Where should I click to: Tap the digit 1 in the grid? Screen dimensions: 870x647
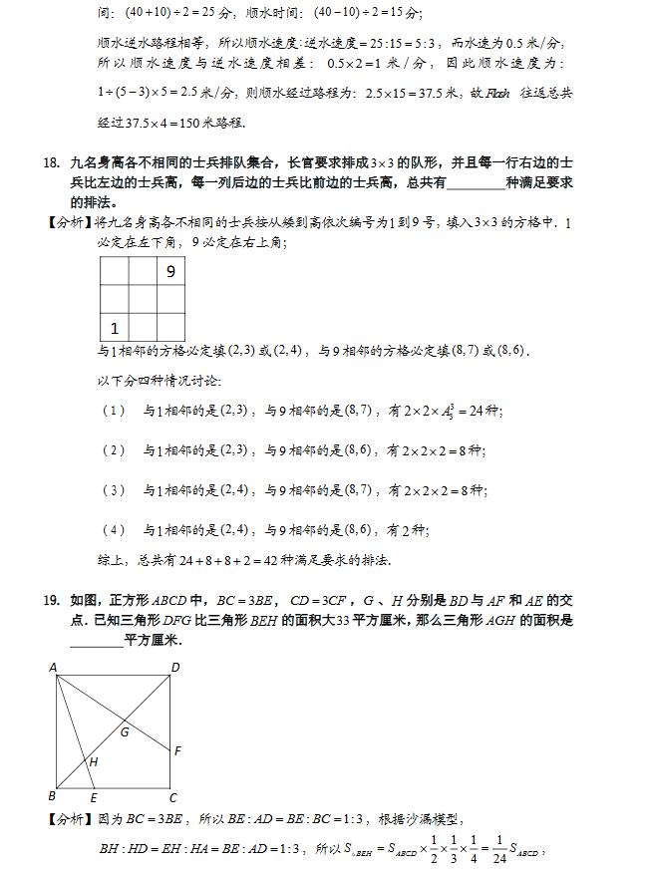(115, 327)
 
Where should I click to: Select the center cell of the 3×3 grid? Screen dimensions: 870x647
(143, 299)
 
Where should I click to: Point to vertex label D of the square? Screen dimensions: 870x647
(175, 668)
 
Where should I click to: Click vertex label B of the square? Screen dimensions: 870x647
(52, 795)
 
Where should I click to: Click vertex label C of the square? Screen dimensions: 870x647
(172, 797)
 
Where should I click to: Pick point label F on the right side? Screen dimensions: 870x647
(177, 750)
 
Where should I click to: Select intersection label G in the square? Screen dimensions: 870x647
(125, 732)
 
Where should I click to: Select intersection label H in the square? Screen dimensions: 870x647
(93, 762)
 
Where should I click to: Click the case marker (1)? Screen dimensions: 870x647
(114, 411)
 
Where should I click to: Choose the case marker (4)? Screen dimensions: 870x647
(114, 529)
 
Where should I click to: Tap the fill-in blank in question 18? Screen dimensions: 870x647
(477, 182)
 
